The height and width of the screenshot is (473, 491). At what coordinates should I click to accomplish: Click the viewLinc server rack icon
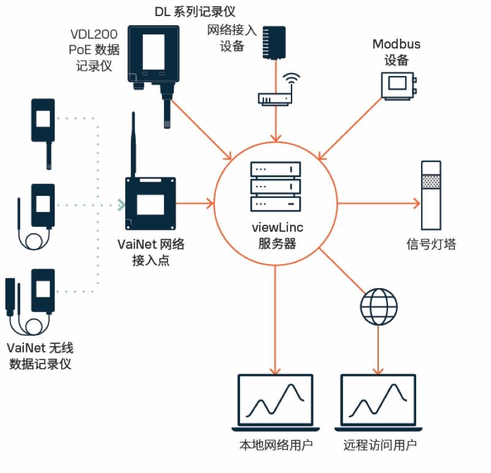pyautogui.click(x=276, y=187)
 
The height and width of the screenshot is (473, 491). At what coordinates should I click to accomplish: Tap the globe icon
pyautogui.click(x=376, y=307)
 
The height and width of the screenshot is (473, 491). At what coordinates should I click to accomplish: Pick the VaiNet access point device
pyautogui.click(x=150, y=203)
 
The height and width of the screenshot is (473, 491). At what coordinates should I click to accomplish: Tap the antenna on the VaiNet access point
pyautogui.click(x=133, y=144)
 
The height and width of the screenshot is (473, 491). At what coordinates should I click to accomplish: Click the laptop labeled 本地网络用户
pyautogui.click(x=276, y=402)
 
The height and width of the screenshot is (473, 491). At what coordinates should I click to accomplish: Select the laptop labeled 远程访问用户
pyautogui.click(x=376, y=402)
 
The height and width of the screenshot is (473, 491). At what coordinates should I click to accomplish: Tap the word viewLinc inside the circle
pyautogui.click(x=277, y=229)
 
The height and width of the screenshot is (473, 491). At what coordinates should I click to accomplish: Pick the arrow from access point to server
pyautogui.click(x=195, y=203)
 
